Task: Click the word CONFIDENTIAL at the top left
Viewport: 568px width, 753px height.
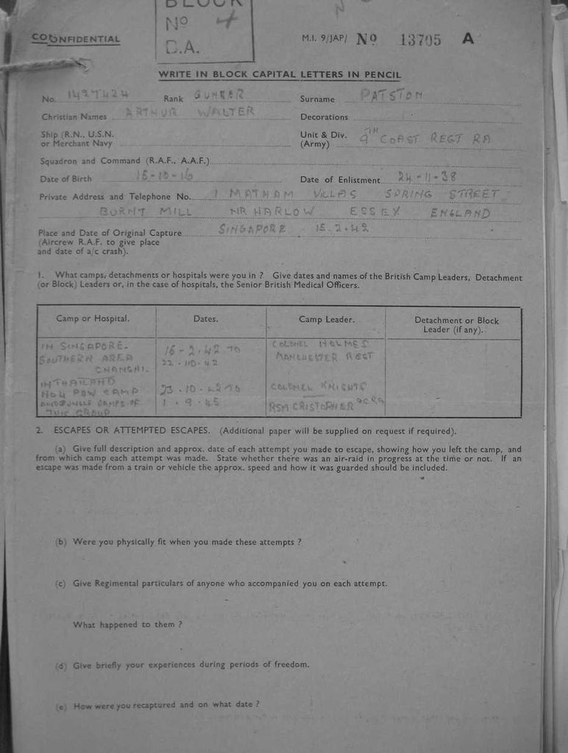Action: tap(76, 39)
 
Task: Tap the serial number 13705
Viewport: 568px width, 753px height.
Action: tap(420, 40)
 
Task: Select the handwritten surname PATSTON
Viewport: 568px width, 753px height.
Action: tap(393, 95)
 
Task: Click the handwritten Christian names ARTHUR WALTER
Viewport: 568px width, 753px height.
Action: tap(190, 112)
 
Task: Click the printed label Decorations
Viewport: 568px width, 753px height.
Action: tap(324, 117)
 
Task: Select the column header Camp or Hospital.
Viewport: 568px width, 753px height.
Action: tap(93, 318)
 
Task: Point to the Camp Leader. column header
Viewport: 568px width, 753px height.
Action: tap(326, 319)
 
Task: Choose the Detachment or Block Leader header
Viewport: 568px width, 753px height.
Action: tap(456, 324)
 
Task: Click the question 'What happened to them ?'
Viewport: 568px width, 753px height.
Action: tap(127, 624)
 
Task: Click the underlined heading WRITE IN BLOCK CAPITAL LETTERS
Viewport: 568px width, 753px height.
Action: tap(280, 75)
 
